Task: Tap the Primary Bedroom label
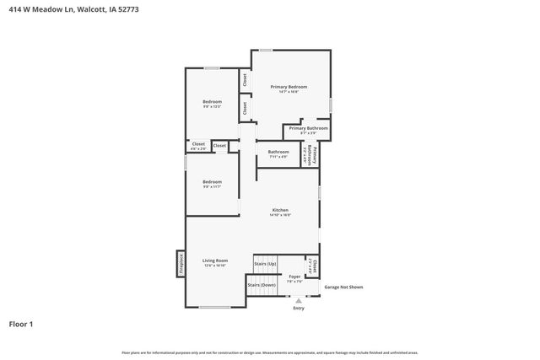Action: (x=289, y=87)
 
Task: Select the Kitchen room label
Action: (x=280, y=209)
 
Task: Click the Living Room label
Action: (x=215, y=261)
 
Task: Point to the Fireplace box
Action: (x=181, y=263)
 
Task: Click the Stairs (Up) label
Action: (x=265, y=264)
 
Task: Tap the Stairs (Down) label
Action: (x=262, y=285)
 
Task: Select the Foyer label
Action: (x=294, y=277)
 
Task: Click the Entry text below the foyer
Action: (x=298, y=308)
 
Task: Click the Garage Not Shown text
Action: (x=343, y=287)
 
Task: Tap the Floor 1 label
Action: (x=21, y=324)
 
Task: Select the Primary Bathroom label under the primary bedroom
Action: (x=308, y=128)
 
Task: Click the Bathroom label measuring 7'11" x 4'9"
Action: (x=278, y=152)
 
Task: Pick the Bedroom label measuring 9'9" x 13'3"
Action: (x=212, y=102)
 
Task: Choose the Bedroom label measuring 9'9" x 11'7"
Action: (x=212, y=182)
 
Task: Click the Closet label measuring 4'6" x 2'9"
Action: (x=198, y=144)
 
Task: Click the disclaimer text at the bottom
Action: (x=270, y=352)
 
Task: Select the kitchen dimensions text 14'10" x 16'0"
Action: (x=280, y=215)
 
